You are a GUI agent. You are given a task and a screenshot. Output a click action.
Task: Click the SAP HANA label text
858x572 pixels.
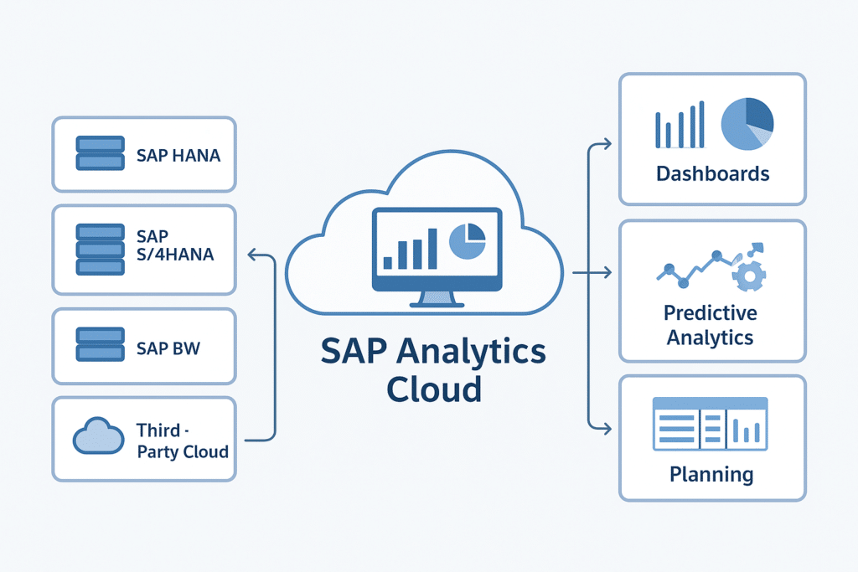178,156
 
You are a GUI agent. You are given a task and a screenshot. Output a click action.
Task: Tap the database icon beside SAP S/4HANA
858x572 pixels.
100,249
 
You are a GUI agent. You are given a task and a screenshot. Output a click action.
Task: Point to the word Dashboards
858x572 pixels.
712,174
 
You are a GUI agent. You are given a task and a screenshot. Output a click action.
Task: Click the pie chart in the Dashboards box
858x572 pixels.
747,125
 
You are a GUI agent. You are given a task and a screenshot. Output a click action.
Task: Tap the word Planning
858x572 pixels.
711,474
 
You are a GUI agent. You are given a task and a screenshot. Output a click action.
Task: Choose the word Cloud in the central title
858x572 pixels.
432,389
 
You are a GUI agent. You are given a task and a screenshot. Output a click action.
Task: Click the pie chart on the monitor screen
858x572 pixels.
468,240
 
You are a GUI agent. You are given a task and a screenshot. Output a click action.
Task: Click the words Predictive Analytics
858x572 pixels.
710,325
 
